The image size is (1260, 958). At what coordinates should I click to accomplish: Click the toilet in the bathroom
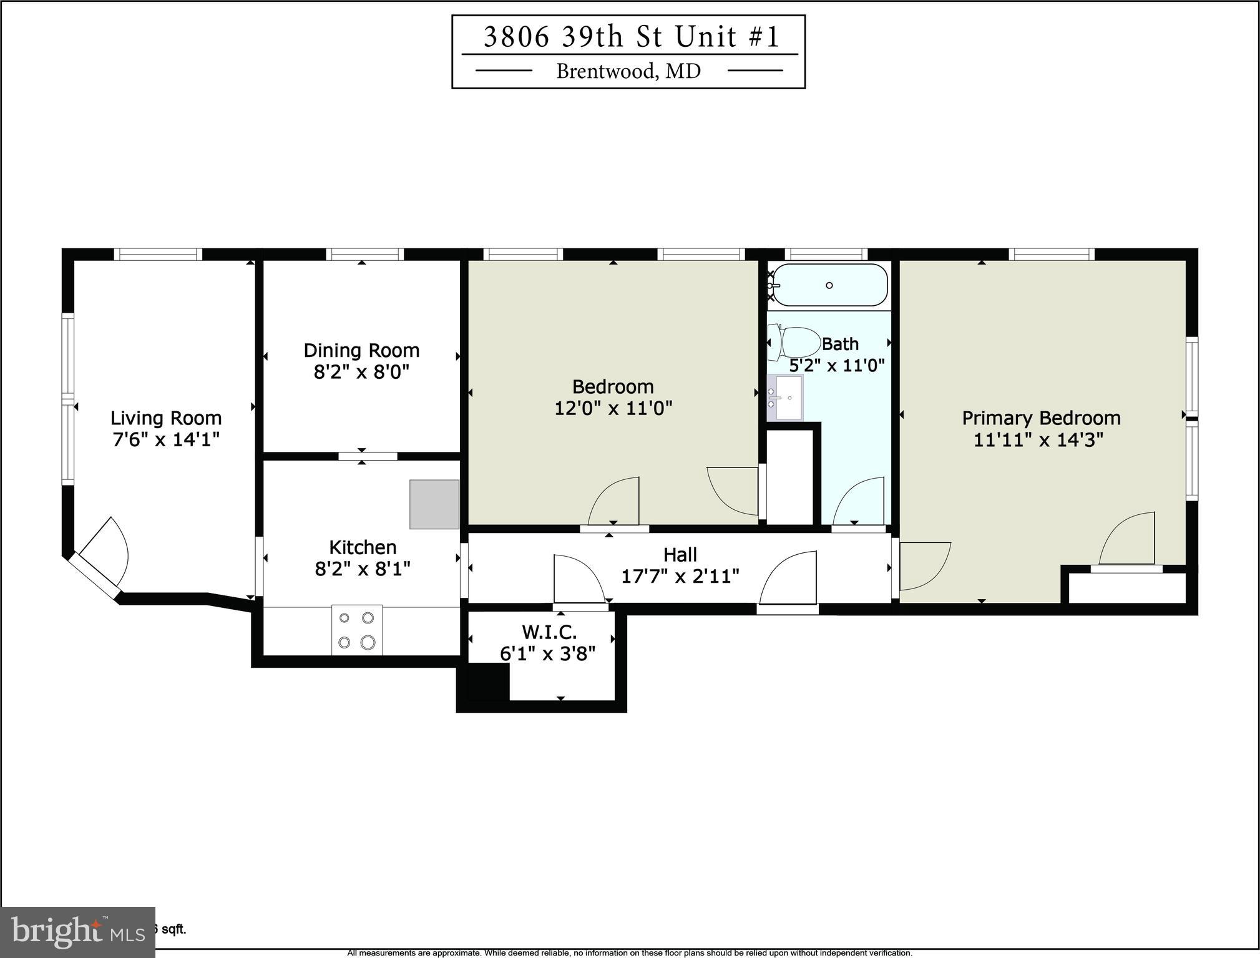coord(795,343)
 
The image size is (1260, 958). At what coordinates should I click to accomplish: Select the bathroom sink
coord(785,398)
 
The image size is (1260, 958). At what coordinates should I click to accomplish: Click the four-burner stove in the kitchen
coord(357,630)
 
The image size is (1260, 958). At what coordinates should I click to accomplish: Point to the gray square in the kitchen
coord(434,504)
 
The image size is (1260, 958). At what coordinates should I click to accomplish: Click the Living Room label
coord(166,418)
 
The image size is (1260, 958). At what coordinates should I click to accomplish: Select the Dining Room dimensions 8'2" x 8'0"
coord(361,372)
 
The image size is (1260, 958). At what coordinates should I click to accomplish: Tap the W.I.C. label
coord(549,632)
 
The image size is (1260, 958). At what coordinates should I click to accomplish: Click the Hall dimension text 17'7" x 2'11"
coord(680,575)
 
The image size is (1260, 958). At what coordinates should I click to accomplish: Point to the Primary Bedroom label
coord(1041,418)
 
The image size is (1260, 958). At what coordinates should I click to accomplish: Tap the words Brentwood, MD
coord(628,71)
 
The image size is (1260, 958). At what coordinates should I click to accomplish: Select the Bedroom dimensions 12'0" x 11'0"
coord(613,408)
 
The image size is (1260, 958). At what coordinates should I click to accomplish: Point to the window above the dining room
coord(364,254)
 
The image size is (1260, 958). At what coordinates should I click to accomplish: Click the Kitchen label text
coord(363,547)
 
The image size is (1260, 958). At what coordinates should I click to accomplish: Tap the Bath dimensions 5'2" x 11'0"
coord(836,365)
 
